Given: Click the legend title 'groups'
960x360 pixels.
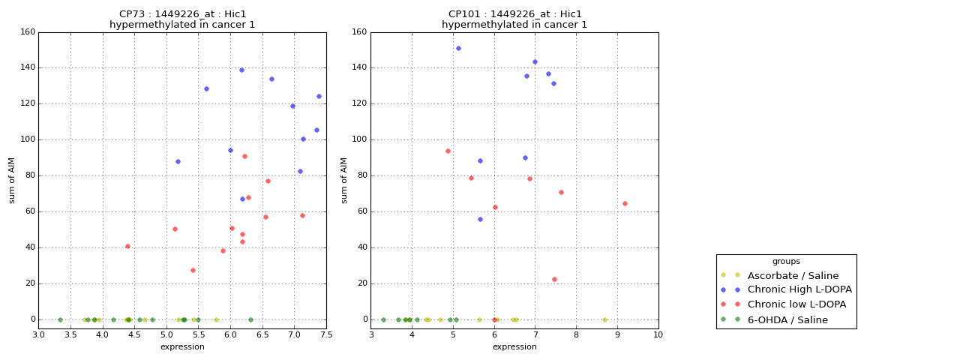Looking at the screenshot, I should pos(786,262).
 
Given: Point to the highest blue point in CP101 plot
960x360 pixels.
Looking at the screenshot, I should pos(458,49).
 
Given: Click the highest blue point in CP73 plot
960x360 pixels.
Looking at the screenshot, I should pos(241,70).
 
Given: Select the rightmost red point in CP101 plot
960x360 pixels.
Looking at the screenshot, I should pos(625,203).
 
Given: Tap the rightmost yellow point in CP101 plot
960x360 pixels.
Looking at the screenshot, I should pos(604,319).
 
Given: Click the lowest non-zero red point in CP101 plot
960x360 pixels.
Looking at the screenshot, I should pos(554,279).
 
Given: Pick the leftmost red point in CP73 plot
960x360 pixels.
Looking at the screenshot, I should pos(127,246).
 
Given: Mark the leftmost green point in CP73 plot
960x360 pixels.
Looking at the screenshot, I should pos(60,319).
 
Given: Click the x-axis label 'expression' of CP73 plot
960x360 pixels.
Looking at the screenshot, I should pos(182,346).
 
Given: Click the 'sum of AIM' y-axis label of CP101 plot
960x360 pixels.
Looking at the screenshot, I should pos(344,180).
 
